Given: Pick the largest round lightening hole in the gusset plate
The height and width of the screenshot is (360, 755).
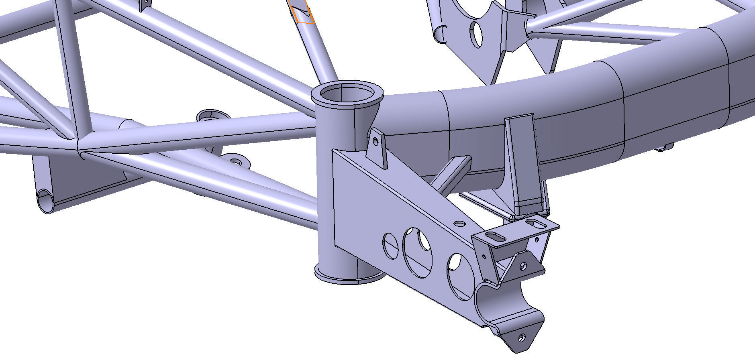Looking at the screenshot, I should coord(418,252).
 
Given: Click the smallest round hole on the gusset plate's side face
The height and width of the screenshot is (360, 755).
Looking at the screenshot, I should coord(390,245).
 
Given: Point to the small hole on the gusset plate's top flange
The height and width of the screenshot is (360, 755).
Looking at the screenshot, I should coord(459,223).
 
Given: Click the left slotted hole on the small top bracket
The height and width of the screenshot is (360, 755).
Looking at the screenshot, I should coord(496,236).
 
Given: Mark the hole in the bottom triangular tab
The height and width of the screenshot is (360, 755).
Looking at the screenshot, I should coord(522,338).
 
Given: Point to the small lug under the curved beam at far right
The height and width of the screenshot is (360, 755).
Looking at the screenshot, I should coord(665,148).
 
